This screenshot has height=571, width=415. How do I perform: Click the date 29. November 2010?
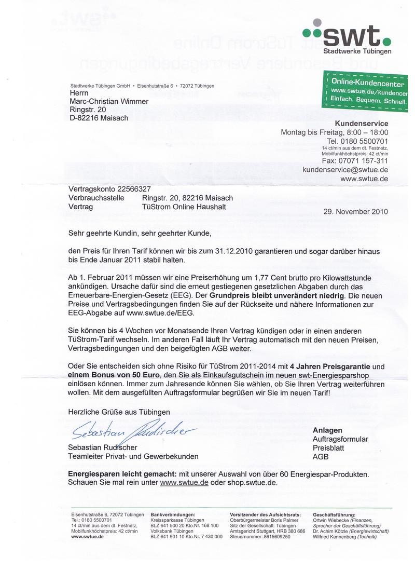[355, 211]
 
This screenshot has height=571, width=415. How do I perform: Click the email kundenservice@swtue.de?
[345, 169]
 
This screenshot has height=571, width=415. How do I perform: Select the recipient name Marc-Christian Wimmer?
[108, 101]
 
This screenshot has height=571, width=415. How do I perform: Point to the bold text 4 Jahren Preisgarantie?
[327, 366]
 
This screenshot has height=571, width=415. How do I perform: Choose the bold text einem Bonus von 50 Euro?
[113, 375]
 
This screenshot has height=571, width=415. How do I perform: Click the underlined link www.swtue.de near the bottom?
[184, 482]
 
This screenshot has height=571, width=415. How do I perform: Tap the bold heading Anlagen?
[327, 430]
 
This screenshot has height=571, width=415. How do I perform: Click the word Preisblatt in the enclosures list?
[328, 448]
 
